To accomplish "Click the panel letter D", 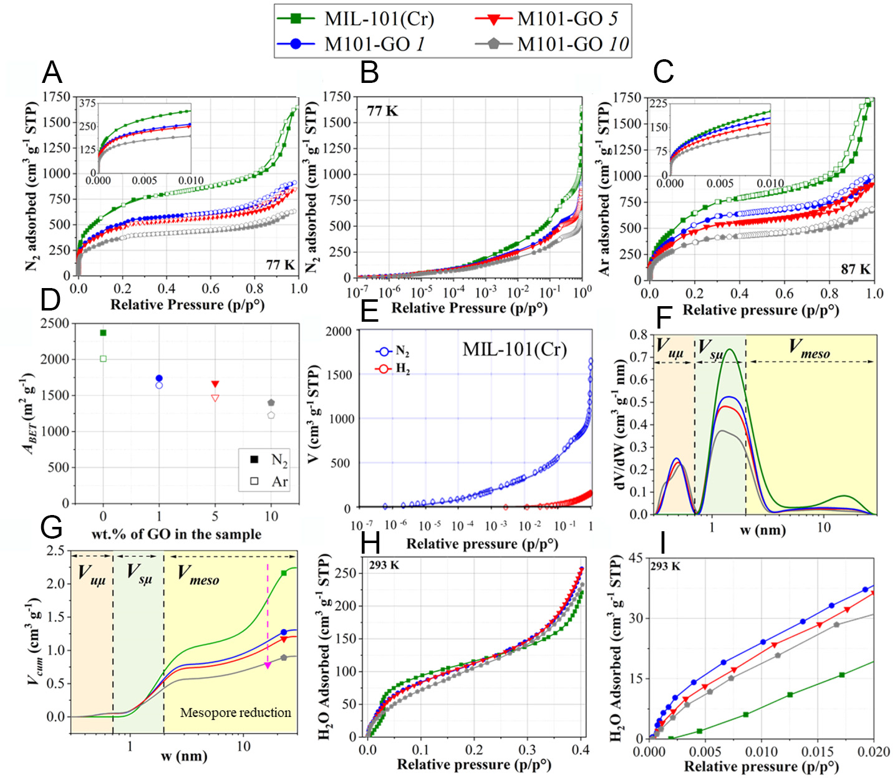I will pos(51,300).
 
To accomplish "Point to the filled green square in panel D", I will pos(104,333).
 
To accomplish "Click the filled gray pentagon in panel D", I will pos(271,403).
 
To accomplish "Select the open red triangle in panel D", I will pos(215,398).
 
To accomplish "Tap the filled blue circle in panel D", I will pos(159,378).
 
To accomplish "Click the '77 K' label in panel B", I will pos(382,111).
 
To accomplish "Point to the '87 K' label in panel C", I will pos(855,269).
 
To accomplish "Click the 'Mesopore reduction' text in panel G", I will pos(235,713).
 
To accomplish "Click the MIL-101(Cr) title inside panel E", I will pos(515,349).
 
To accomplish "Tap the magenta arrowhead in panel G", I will pos(268,666).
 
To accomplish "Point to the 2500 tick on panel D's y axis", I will pos(54,323).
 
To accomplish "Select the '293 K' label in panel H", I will pos(384,566).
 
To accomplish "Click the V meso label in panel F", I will pos(808,349).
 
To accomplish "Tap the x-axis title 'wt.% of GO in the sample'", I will pos(176,534).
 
